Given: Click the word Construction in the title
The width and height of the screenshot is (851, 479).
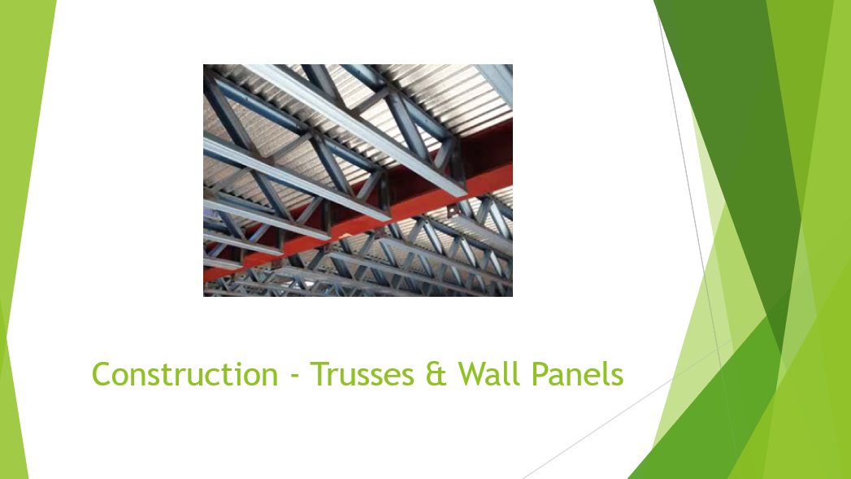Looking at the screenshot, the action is coord(185,374).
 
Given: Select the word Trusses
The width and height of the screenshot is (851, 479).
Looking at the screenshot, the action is coord(363,374).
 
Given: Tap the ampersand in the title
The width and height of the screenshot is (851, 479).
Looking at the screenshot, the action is coord(436,375).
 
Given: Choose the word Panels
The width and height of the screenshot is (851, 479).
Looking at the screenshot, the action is coord(577,374).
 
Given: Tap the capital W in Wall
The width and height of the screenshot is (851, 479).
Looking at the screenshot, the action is coord(475,375).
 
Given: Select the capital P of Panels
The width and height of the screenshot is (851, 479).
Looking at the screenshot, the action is coord(541,375).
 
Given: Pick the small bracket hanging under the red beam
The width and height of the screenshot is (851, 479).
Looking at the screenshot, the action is coord(452,211).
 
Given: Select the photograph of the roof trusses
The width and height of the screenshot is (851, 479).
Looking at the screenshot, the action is coord(358,181).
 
